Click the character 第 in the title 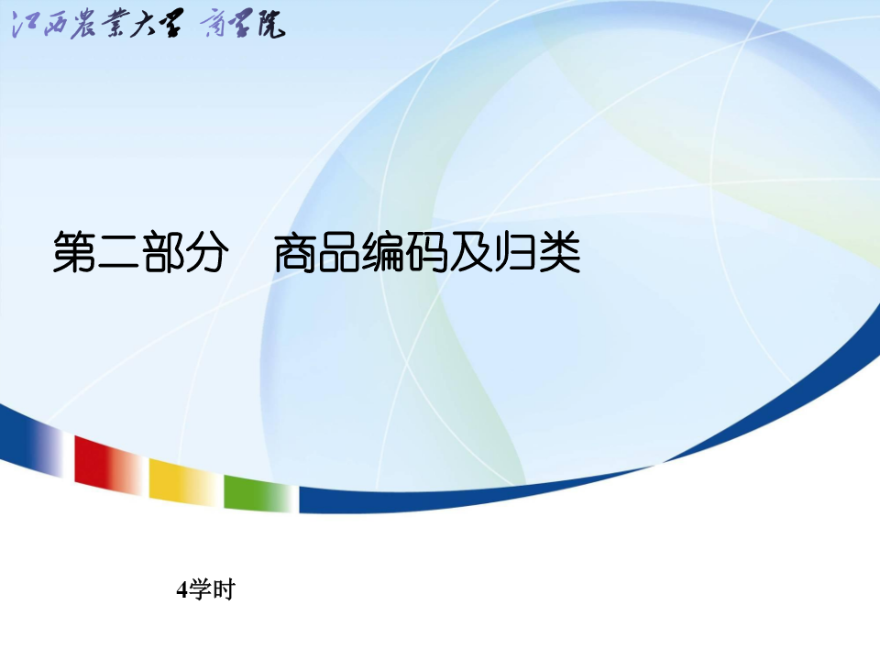click(x=74, y=252)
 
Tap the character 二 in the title click(x=119, y=252)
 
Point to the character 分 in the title click(x=207, y=252)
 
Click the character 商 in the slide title click(x=296, y=252)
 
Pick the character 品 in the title click(x=339, y=252)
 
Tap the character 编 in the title click(x=383, y=252)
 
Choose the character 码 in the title click(x=427, y=252)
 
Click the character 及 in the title click(x=471, y=252)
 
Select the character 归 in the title click(x=514, y=252)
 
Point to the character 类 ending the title click(x=559, y=252)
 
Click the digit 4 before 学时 click(x=181, y=590)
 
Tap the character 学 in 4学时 click(x=200, y=589)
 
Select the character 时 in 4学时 click(x=224, y=589)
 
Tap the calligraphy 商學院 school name click(x=242, y=25)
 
